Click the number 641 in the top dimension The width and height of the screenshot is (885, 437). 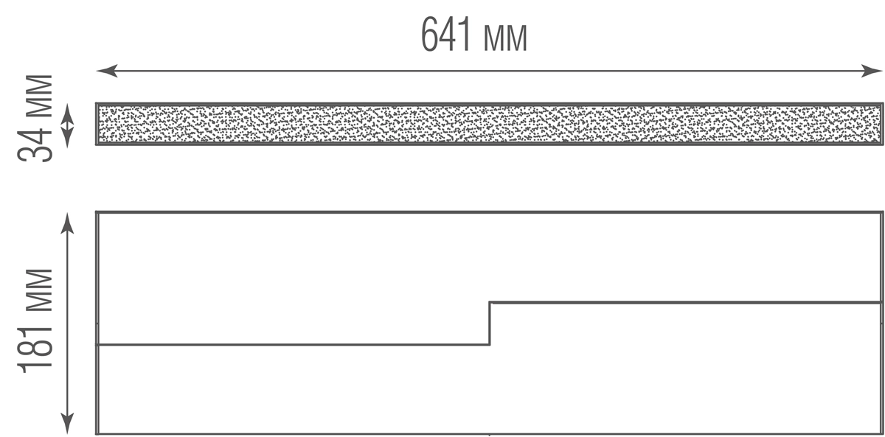(446, 35)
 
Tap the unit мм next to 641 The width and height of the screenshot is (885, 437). (505, 38)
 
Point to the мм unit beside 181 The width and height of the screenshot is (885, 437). (39, 290)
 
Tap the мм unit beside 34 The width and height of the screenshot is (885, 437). (39, 96)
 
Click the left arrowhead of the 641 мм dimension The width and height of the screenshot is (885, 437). (107, 71)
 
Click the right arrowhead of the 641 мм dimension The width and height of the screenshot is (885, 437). (872, 71)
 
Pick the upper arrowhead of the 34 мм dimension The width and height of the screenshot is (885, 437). (67, 113)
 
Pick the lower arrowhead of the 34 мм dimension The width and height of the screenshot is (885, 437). (67, 138)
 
